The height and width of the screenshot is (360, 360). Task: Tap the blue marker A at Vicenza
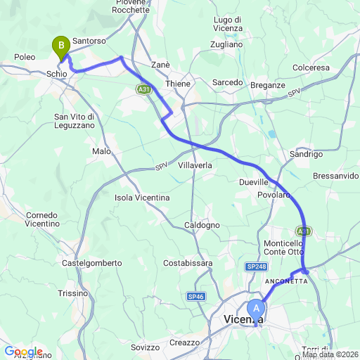coord(257,308)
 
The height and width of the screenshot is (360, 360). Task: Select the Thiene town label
coord(177,84)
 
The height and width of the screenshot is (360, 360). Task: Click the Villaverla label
coord(195,165)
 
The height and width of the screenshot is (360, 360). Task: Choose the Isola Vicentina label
coord(142,198)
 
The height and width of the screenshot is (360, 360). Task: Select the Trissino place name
coord(73,293)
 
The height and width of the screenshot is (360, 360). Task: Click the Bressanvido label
coord(336,175)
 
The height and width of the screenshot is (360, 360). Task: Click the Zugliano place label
coord(226,44)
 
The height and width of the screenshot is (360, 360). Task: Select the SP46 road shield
coord(197,297)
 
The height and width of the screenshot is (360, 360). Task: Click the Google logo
coord(23,352)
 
